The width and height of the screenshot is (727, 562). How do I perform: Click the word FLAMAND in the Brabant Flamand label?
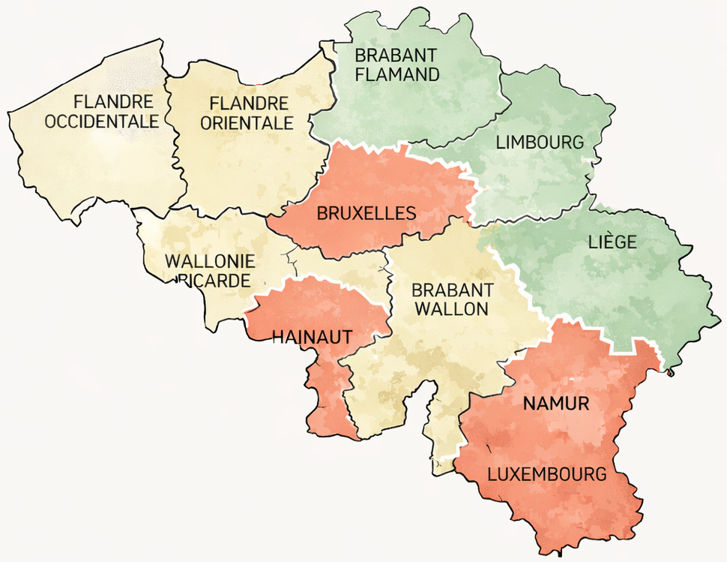click(x=396, y=74)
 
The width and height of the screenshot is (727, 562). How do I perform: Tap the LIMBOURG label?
click(x=540, y=143)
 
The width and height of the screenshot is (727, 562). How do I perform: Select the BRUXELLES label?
click(x=366, y=213)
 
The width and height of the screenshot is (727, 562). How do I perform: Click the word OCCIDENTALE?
click(x=102, y=121)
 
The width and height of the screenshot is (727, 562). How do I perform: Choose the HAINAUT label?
click(x=313, y=337)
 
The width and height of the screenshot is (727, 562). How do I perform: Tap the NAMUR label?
click(x=556, y=404)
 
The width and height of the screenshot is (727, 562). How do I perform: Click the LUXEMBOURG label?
click(x=546, y=474)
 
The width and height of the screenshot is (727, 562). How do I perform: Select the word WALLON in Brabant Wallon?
click(x=451, y=308)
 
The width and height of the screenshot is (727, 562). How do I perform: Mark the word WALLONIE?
click(x=210, y=262)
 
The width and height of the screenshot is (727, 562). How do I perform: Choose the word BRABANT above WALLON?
click(x=453, y=289)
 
